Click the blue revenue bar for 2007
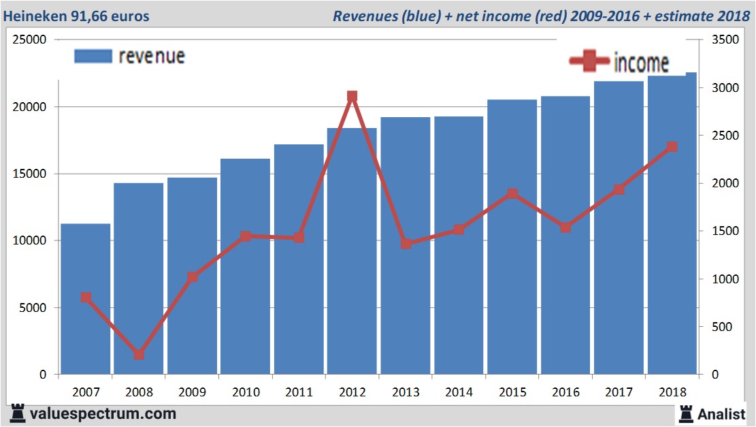click(86, 299)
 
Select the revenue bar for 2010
click(246, 266)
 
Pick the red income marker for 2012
click(352, 97)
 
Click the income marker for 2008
click(139, 354)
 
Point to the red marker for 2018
click(672, 146)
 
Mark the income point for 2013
click(406, 243)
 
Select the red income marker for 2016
click(565, 227)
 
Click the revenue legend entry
click(129, 56)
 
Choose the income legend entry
click(619, 62)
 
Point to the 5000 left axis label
click(33, 308)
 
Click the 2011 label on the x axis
click(299, 392)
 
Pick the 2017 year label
click(619, 392)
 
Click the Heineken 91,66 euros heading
click(77, 16)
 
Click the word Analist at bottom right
click(721, 413)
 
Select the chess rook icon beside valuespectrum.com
click(17, 413)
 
